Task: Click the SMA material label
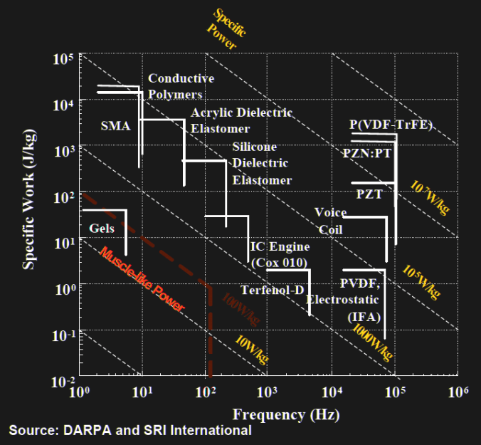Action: (x=115, y=126)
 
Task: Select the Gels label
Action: (x=102, y=229)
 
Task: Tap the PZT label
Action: (x=369, y=194)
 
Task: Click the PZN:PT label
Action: (x=365, y=153)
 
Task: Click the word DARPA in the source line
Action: (x=90, y=430)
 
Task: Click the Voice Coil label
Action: (x=330, y=221)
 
